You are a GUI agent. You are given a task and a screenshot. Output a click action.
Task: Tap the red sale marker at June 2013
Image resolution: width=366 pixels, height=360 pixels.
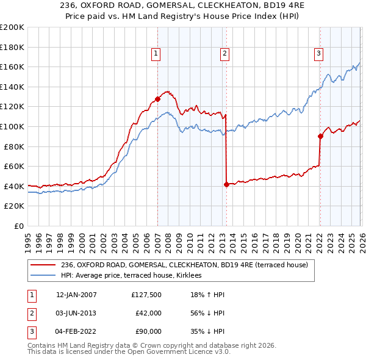[x=226, y=184]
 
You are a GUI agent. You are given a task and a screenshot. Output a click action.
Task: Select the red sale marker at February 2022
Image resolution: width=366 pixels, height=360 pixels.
[x=320, y=136]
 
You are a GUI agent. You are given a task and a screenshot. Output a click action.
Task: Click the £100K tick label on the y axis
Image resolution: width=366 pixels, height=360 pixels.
[x=12, y=126]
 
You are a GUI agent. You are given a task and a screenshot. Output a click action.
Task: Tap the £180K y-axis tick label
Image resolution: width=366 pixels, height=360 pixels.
[x=12, y=47]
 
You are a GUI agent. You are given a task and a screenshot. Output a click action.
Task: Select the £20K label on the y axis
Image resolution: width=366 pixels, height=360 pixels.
[x=15, y=206]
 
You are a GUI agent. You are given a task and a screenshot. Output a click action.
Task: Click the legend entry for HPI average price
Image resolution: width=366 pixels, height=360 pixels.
[x=135, y=275]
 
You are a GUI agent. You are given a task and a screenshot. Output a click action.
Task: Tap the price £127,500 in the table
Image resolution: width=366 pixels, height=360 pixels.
[x=146, y=295]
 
